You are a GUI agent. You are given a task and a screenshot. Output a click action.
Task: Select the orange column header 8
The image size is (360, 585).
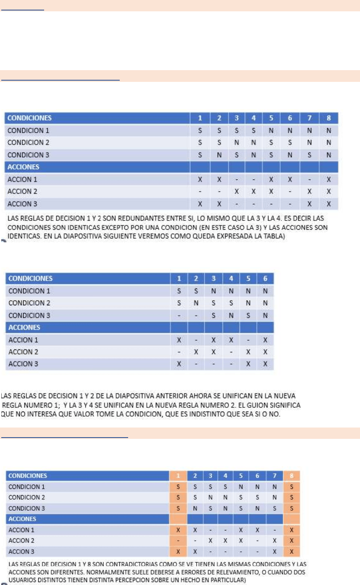point(292,476)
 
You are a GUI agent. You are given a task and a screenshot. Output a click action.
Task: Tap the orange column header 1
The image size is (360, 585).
point(178,476)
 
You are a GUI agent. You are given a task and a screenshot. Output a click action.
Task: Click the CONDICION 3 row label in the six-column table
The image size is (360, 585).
point(28,315)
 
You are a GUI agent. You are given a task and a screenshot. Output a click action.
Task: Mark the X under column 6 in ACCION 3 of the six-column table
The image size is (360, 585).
point(265,364)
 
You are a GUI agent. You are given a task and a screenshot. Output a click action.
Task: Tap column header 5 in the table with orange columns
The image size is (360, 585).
point(241,476)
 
